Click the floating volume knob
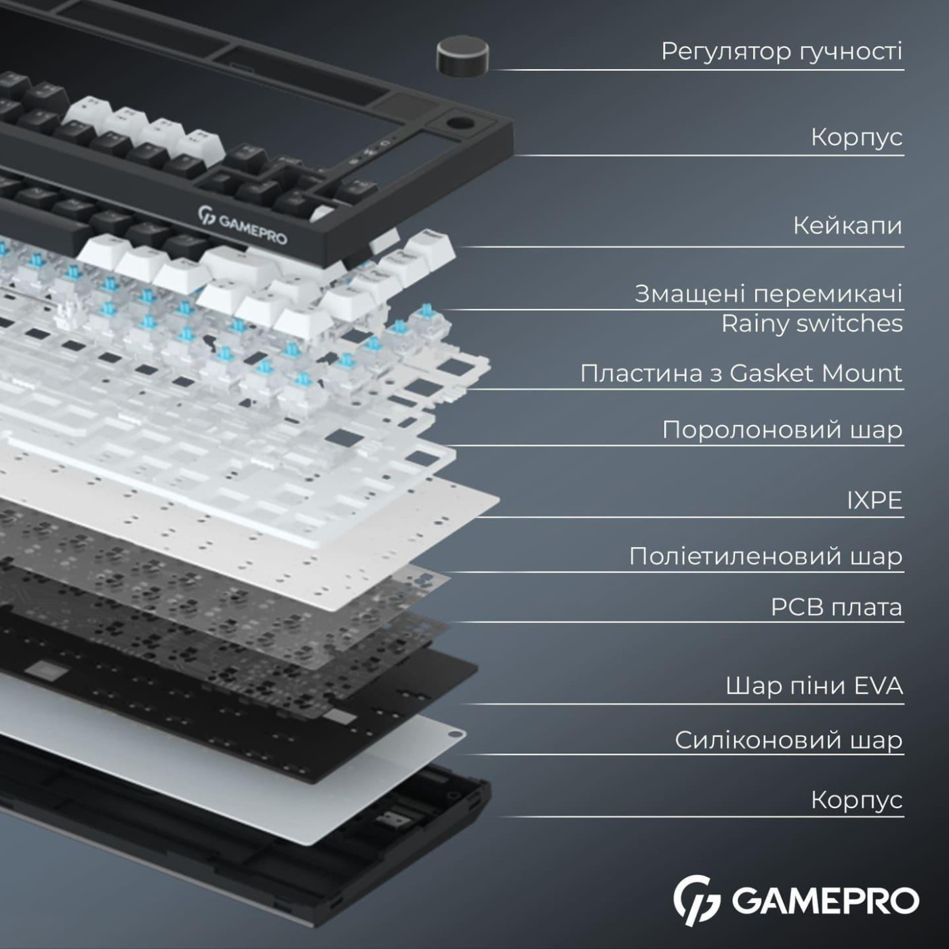point(462,56)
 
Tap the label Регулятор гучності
point(782,51)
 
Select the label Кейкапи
point(847,225)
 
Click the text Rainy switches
point(811,323)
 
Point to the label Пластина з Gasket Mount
point(741,373)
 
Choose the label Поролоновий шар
point(782,430)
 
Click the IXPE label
point(874,500)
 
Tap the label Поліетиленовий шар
point(765,556)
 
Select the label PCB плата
point(836,607)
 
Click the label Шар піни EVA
point(813,685)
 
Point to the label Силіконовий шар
point(788,740)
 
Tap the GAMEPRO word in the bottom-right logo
point(825,901)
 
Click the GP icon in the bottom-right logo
point(696,900)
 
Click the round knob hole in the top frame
point(460,126)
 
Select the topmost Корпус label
point(856,137)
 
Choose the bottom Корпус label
point(856,800)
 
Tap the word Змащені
point(690,294)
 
